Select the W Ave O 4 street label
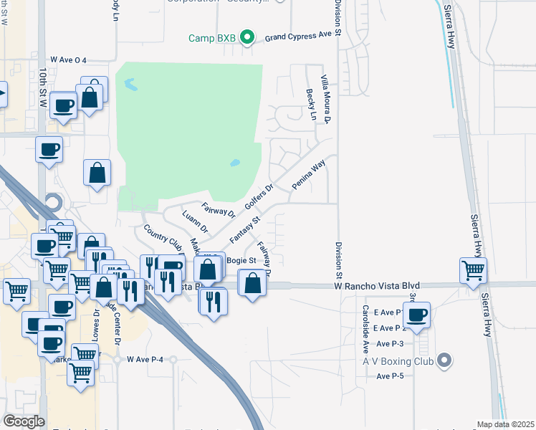[x=68, y=61]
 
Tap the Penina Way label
[x=308, y=175]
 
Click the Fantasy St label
[x=244, y=227]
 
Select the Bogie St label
[x=241, y=260]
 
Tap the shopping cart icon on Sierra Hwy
[x=473, y=271]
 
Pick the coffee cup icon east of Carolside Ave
[x=416, y=314]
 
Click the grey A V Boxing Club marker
[x=444, y=360]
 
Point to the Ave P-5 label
[x=391, y=376]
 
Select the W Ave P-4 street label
[x=150, y=359]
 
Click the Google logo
[x=23, y=421]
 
